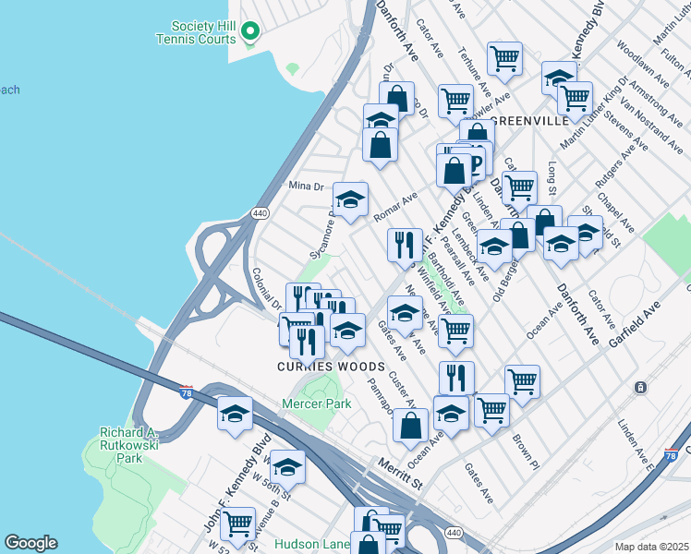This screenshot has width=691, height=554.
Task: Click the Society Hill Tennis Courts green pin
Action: click(249, 32)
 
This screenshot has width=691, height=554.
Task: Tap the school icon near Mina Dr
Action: click(350, 199)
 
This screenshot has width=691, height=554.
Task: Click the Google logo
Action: click(30, 543)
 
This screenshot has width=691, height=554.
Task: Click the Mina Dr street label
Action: click(308, 186)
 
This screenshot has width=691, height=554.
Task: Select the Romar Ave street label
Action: click(395, 203)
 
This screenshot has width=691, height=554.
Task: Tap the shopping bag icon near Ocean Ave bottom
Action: click(411, 427)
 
